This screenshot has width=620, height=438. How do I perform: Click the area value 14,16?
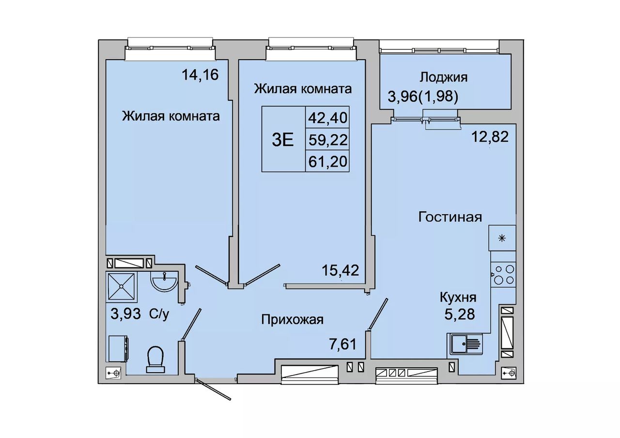[200, 75]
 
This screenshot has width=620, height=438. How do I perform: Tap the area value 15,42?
[340, 270]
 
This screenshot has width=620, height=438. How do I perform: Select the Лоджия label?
[443, 77]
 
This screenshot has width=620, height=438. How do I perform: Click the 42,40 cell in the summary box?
[328, 118]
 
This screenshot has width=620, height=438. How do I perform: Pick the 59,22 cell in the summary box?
[328, 140]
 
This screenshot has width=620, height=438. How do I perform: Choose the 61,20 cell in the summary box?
[328, 161]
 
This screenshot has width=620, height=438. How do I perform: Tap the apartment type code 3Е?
[282, 140]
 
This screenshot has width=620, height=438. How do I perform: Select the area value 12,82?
[490, 137]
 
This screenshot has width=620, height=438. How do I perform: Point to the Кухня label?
[458, 297]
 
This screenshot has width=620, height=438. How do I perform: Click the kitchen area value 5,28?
[460, 314]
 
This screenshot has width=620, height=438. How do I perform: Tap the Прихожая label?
[292, 320]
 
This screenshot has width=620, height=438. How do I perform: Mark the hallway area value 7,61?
[342, 344]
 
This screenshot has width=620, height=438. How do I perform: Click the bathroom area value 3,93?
[125, 314]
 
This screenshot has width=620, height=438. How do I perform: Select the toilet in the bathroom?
[156, 359]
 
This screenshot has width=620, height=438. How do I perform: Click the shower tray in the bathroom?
[122, 286]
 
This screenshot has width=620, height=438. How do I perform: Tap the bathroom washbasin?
[164, 281]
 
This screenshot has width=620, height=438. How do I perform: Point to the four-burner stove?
[503, 275]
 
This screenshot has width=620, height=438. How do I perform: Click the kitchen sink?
[465, 344]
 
